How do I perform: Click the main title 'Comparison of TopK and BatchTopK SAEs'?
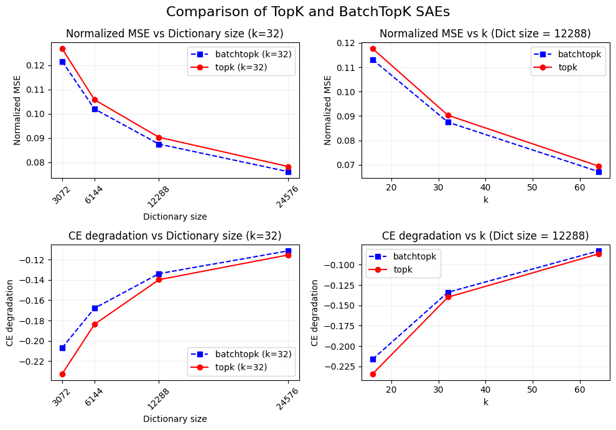point(307,12)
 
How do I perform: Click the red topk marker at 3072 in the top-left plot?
point(62,49)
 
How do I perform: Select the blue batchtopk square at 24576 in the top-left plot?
point(288,172)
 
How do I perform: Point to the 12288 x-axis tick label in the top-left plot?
point(158,195)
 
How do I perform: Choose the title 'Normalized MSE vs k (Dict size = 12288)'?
point(485,34)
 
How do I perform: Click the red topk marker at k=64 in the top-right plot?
point(599,167)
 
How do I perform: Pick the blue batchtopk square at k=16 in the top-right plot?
point(373,60)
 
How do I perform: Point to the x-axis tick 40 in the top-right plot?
point(485,187)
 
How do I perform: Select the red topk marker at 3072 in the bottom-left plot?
point(62,374)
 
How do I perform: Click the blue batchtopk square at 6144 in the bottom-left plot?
point(95,308)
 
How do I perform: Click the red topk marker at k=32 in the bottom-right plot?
point(448,297)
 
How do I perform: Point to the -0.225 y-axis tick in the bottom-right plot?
point(342,367)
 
